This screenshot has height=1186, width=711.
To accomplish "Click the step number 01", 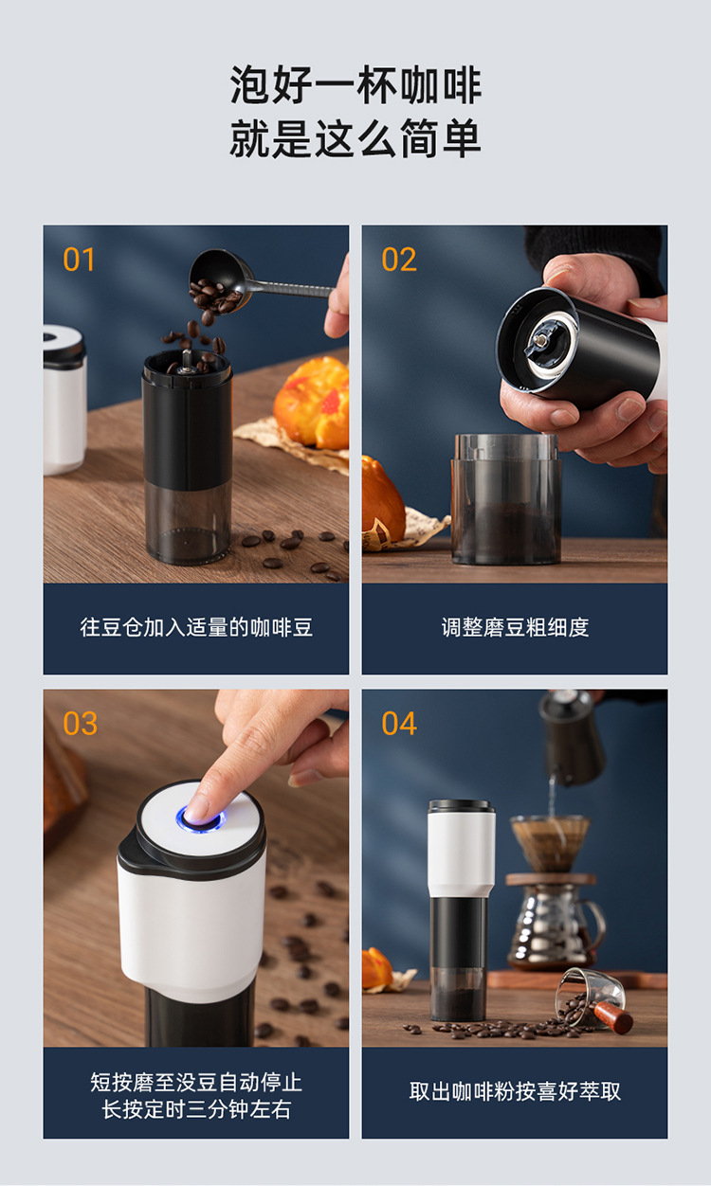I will point(79,260).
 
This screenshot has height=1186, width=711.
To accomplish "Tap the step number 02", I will point(398,260).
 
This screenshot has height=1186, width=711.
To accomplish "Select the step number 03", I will point(80,724).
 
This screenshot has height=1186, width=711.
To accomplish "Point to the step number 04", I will point(398,724).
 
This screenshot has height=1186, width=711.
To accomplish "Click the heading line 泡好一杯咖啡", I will point(355,86).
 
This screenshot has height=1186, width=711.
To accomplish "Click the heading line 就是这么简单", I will point(355,139).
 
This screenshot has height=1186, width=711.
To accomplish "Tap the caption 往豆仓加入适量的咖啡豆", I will point(195,627).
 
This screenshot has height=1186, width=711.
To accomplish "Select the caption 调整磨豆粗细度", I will point(515,627).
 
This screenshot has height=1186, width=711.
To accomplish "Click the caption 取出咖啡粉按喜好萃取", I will point(515,1091).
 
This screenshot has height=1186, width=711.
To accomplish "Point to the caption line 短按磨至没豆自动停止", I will point(195,1082).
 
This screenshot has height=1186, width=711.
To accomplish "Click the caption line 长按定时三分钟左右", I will point(195,1109).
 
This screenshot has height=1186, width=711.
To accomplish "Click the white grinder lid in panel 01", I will point(64,346).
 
